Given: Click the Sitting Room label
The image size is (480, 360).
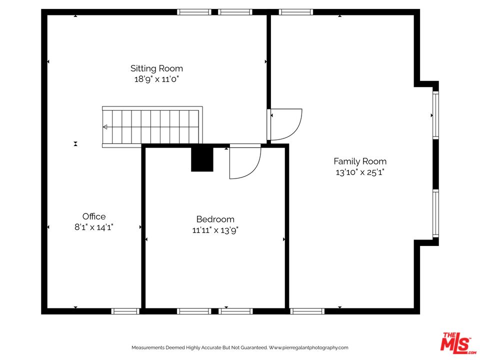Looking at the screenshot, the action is click(x=156, y=68).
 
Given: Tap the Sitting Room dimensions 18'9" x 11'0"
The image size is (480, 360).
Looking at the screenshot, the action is click(x=156, y=79).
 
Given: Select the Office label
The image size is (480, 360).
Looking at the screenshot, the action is click(x=94, y=216).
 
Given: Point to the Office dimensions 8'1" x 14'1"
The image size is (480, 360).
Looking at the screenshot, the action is click(x=94, y=227).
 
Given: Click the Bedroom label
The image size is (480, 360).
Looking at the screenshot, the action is click(x=215, y=219).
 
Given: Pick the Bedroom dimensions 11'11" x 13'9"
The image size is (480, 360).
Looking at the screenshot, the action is click(x=215, y=230).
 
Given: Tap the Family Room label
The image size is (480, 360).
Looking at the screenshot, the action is click(x=360, y=161).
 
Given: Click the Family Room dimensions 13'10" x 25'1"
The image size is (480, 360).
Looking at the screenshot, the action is click(x=360, y=172).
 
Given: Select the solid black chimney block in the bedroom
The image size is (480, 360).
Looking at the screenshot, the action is click(x=202, y=159).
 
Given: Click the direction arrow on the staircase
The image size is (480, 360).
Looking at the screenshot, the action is click(x=105, y=126).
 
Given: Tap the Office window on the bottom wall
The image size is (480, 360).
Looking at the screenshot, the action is click(x=125, y=311).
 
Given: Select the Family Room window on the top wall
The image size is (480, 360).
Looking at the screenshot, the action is click(x=295, y=12).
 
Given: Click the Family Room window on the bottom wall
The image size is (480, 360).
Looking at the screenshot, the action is click(x=307, y=311).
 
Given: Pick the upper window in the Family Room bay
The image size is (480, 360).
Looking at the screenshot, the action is click(x=435, y=115).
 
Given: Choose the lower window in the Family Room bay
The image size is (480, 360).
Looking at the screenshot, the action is click(x=435, y=213).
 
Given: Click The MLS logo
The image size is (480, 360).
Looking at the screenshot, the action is click(x=457, y=341).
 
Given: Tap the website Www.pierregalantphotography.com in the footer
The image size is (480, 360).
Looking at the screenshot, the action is click(x=308, y=347).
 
